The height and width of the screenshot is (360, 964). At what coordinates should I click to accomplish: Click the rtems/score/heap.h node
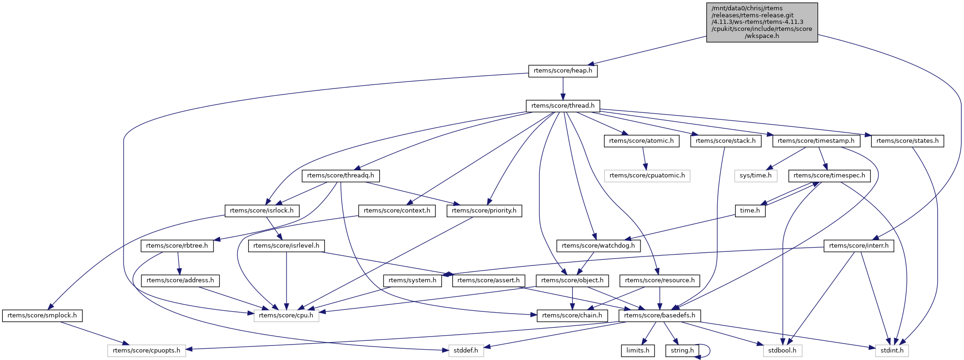coord(563,71)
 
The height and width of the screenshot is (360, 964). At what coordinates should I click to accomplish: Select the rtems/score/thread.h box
coord(563,106)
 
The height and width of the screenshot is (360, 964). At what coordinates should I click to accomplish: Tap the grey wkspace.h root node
coord(762,22)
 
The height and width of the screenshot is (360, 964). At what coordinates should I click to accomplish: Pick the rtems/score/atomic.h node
coord(641,141)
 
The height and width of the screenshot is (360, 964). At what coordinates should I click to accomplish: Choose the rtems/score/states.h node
coord(907,141)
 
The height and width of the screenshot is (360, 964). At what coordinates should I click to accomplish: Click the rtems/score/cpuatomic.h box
coord(647,176)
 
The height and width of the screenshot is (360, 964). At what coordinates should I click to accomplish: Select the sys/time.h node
coord(756,176)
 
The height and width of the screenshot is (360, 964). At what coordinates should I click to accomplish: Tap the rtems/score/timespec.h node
coord(830,176)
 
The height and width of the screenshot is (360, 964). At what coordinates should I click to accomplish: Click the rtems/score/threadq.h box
coord(340,176)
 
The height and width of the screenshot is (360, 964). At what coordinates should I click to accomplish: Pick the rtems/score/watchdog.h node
coord(598,245)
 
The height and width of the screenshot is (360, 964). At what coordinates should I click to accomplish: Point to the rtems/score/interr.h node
coord(859,245)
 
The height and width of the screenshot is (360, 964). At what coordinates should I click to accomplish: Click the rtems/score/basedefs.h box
coord(660,316)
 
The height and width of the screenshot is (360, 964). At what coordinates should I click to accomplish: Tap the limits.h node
coord(638,350)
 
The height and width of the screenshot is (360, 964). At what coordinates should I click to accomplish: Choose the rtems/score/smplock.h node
coord(42,316)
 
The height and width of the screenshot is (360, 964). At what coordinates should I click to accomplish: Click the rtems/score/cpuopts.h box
coord(147,350)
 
